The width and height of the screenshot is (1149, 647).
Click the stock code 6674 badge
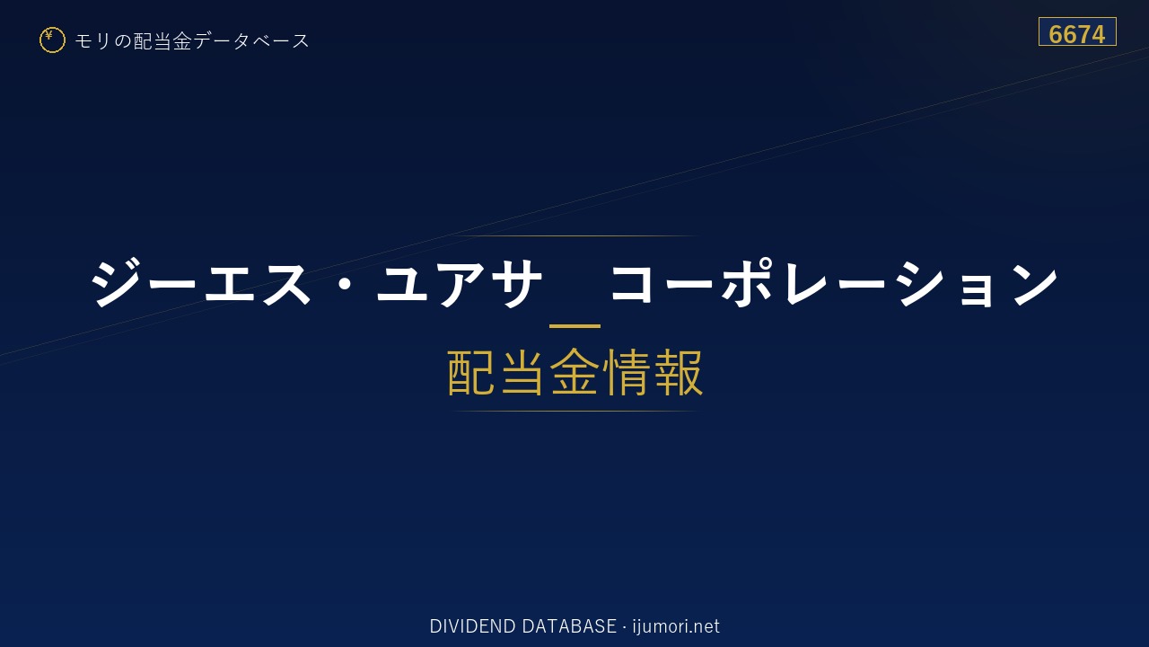tap(1077, 31)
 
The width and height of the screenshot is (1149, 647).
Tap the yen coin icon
tap(52, 40)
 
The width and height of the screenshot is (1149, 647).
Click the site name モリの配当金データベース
tap(192, 41)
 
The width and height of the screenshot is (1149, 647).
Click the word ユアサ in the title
tap(459, 283)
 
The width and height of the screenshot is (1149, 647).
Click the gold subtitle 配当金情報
tap(575, 372)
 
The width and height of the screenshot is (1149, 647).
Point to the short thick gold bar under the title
tap(574, 326)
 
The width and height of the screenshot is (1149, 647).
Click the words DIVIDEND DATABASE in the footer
tap(522, 626)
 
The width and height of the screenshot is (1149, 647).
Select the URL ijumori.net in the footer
tap(676, 626)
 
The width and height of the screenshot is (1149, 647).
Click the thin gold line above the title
tap(574, 235)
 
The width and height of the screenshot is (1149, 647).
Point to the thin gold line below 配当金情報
tap(574, 412)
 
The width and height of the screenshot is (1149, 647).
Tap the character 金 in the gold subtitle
tap(575, 372)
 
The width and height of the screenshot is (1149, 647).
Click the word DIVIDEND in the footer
tap(472, 626)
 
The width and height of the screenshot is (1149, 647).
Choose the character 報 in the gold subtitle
tap(678, 372)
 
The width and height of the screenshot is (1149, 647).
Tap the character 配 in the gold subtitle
tap(471, 372)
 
